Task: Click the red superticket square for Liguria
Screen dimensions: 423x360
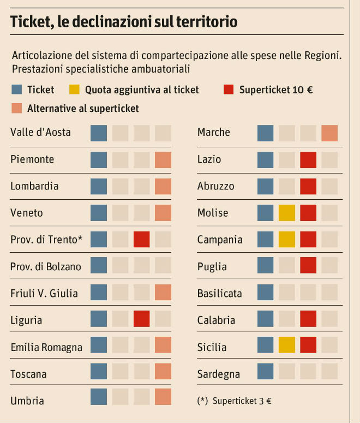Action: point(141,320)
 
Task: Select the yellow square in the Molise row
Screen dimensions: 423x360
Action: point(286,213)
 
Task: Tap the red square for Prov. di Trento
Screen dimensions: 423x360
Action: point(141,240)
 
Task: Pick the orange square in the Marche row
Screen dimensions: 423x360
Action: point(329,133)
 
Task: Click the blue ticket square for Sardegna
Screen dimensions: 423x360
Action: point(265,374)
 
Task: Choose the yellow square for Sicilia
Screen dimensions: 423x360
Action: point(286,347)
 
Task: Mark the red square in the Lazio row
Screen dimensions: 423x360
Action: point(308,159)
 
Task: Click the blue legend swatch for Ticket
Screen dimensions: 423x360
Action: point(16,90)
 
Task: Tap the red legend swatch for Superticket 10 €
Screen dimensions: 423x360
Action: point(229,90)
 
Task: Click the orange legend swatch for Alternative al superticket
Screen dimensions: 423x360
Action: point(16,108)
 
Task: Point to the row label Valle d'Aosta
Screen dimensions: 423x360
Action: point(40,132)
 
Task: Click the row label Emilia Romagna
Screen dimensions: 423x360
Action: point(46,347)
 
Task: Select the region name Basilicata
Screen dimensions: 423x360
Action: point(219,294)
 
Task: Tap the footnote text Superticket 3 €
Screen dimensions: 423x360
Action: point(242,400)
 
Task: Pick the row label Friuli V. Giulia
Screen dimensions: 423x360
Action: point(44,293)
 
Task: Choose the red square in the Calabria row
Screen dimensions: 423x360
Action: point(308,320)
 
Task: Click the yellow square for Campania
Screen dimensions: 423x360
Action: point(286,240)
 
